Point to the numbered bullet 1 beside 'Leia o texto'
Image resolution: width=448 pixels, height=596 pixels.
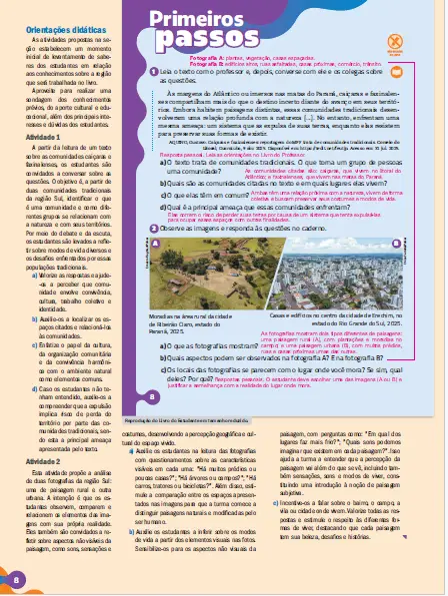[152, 72]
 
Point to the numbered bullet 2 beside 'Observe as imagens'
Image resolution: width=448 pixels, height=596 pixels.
[152, 229]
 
